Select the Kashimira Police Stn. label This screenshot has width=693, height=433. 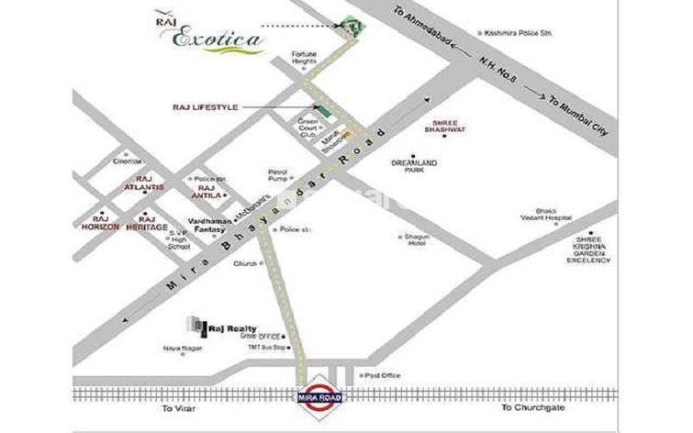click(520, 33)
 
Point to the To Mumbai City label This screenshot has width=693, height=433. click(579, 116)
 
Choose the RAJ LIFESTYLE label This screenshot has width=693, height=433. click(206, 107)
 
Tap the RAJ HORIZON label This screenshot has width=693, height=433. click(99, 226)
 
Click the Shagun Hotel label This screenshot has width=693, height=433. click(419, 239)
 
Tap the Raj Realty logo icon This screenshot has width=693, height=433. click(196, 327)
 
